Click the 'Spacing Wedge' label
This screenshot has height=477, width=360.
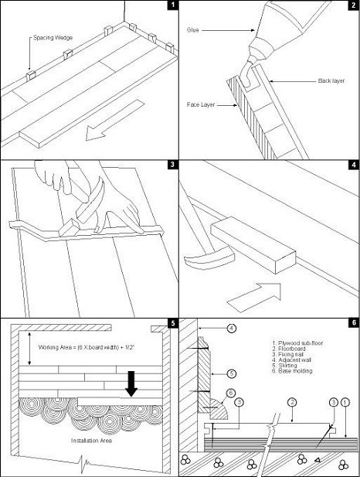(53, 38)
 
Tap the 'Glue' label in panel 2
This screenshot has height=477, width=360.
(193, 30)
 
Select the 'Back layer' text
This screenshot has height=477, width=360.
(331, 81)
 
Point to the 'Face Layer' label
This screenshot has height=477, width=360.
(201, 104)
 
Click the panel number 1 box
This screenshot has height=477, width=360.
(173, 5)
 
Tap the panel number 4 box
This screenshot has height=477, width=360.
(354, 165)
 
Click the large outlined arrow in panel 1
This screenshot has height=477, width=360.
(114, 120)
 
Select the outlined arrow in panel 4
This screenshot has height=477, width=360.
(254, 298)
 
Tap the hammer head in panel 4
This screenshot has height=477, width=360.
(209, 257)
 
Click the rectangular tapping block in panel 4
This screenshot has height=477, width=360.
(253, 245)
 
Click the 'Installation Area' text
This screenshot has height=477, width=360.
(91, 441)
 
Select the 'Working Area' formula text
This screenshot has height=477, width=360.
(87, 347)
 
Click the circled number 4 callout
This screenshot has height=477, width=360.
(232, 329)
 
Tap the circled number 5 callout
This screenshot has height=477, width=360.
(232, 373)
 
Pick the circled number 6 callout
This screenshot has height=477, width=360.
(231, 393)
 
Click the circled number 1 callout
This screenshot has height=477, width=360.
(345, 403)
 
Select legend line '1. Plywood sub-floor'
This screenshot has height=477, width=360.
(297, 343)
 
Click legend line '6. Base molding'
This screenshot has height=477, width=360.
(292, 371)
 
